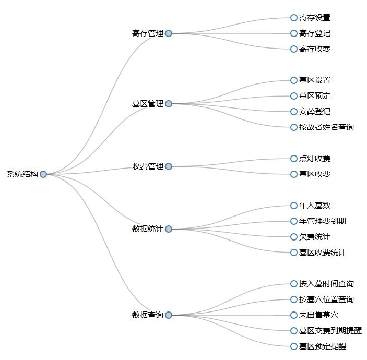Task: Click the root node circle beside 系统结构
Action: [43, 174]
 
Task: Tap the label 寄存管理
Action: [148, 33]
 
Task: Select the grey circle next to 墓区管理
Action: [169, 104]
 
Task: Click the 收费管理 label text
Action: [148, 166]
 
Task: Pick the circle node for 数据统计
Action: [169, 229]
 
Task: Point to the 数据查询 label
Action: [148, 315]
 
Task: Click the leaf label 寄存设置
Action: [315, 18]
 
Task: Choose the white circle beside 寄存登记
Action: [294, 33]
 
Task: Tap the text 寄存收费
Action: [315, 49]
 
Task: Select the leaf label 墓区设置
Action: [315, 80]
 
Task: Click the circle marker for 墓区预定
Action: [294, 96]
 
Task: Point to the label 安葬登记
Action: [315, 112]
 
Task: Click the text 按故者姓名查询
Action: [326, 127]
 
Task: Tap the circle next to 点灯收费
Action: [294, 159]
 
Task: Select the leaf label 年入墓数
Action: [315, 206]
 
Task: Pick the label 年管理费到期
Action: [323, 221]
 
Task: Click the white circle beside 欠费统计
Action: [294, 237]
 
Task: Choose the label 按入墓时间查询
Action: [326, 284]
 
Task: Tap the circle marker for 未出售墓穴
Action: [294, 315]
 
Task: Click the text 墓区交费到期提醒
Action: [330, 331]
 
